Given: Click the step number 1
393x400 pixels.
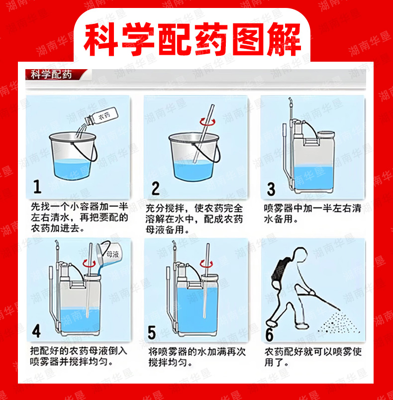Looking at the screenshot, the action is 37,187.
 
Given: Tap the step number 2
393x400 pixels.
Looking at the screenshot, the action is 155,188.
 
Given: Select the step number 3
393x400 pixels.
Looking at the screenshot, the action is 271,189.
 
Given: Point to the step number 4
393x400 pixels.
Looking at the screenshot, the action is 36,331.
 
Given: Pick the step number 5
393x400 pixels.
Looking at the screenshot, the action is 152,332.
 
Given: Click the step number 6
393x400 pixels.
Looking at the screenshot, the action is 269,334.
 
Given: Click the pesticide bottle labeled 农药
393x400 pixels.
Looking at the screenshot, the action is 101,116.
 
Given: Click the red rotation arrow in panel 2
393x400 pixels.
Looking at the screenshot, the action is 207,122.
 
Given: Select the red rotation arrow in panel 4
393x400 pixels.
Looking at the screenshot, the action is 89,263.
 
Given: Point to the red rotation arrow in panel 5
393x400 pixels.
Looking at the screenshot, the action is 206,263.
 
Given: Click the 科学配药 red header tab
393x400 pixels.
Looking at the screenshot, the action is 55,75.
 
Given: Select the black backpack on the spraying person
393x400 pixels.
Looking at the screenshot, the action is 281,271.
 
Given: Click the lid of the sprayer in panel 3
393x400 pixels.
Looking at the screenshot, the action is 326,134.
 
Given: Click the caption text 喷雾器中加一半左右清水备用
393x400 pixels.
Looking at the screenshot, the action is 312,213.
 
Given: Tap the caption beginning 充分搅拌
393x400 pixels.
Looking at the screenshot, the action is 194,219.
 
